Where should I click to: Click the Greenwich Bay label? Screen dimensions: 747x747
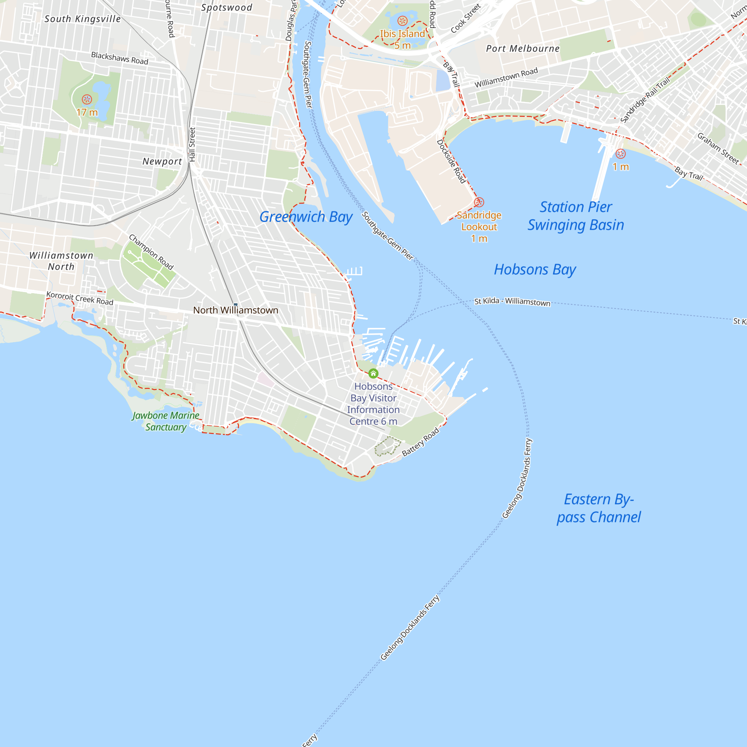[306, 217]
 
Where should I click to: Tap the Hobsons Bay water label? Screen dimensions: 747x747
[535, 270]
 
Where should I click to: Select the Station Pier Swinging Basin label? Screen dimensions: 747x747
[576, 216]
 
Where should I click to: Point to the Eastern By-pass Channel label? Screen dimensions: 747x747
[598, 508]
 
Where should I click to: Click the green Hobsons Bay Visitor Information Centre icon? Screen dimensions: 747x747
[373, 373]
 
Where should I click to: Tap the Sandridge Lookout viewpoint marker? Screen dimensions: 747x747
[479, 202]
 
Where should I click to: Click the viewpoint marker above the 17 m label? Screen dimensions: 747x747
[87, 99]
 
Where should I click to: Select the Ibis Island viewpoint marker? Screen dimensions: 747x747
[403, 21]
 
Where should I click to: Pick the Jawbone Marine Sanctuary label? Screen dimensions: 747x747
[165, 421]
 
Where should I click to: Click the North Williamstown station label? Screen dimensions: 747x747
[235, 310]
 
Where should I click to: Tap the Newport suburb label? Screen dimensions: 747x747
[162, 161]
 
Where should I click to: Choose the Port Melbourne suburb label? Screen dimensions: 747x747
[523, 49]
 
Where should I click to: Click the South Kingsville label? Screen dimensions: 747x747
[82, 19]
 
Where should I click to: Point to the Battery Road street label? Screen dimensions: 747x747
[420, 441]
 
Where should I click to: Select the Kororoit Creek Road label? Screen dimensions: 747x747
[80, 298]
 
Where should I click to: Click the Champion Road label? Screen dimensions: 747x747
[151, 252]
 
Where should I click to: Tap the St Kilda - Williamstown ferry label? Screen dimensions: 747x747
[512, 301]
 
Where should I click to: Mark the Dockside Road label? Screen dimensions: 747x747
[451, 161]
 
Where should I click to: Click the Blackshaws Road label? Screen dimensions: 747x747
[120, 58]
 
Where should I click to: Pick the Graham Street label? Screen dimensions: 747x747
[717, 148]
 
